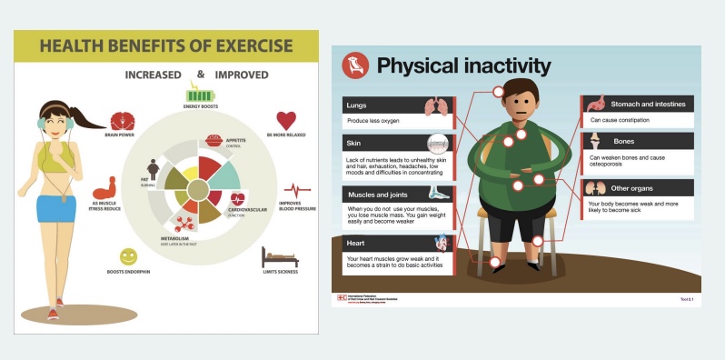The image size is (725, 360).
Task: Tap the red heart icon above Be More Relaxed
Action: click(x=286, y=120)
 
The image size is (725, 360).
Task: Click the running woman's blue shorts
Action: click(x=56, y=208)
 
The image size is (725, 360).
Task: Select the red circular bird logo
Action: click(x=355, y=66)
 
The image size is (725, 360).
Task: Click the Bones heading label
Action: click(x=623, y=142)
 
